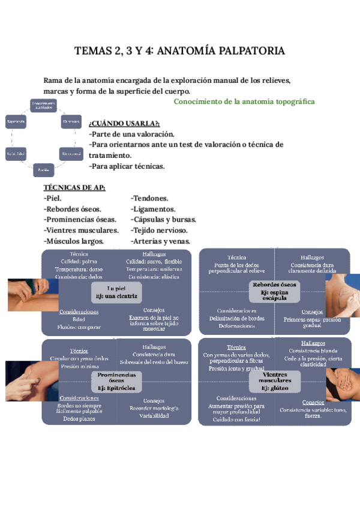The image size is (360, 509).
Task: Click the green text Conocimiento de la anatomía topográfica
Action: coord(244,101)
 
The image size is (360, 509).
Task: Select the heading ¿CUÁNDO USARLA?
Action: coord(120,124)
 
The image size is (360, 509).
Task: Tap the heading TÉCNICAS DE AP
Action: coord(74,188)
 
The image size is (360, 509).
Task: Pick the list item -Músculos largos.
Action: coord(74,241)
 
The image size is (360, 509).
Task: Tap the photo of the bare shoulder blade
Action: coord(343,294)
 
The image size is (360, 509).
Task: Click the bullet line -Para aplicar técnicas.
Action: coord(126,166)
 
